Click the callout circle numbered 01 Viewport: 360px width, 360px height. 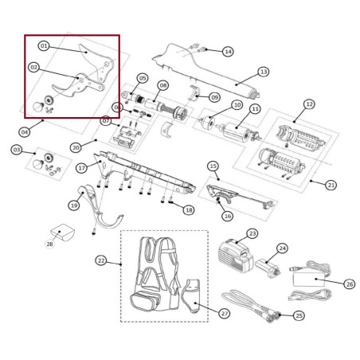pos(44,46)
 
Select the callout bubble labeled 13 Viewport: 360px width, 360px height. pos(264,72)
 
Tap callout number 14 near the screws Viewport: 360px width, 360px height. pos(228,51)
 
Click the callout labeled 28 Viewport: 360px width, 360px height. pos(49,244)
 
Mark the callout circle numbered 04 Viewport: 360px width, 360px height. pos(25,132)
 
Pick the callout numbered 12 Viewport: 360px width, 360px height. pos(309,104)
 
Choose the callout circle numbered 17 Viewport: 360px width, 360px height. pos(82,168)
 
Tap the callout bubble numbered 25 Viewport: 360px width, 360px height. pos(299,316)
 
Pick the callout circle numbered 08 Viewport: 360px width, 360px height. pos(162,85)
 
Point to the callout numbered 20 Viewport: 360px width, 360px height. pos(76,147)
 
